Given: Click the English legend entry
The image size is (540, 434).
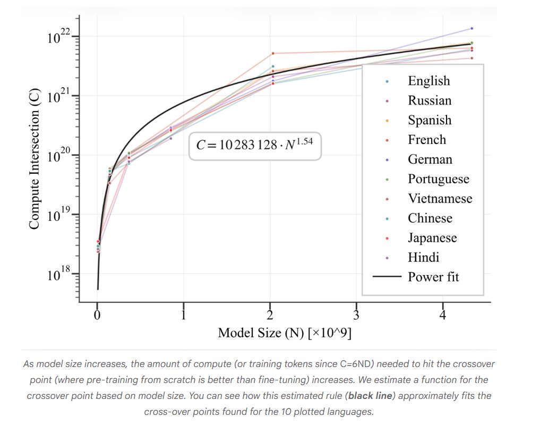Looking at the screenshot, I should point(428,81).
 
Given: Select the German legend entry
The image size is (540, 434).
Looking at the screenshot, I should point(430,159).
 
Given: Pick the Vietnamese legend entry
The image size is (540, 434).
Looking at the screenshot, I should point(439,199).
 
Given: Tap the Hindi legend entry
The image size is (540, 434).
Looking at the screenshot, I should point(423,258).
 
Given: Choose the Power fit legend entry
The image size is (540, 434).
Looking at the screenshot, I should point(433,277).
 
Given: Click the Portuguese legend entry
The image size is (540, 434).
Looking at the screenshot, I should point(438,179).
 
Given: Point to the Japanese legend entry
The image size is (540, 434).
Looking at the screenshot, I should point(432,238).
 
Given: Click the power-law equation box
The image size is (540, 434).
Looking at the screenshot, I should point(255,146).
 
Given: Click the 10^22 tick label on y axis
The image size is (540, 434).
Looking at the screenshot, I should point(58,37).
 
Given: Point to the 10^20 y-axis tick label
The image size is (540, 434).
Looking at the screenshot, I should point(58,156).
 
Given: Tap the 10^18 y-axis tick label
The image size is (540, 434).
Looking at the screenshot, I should point(58,275).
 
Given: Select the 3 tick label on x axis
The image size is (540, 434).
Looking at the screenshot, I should point(356,315).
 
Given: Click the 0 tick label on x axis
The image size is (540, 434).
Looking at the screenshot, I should point(97,315).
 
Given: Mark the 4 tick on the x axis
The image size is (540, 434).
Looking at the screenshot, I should point(443,315).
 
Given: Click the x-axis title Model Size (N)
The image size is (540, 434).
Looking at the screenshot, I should point(285,333).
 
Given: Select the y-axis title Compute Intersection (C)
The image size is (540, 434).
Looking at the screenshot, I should point(35,160).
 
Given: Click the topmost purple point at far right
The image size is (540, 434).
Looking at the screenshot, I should point(472,28).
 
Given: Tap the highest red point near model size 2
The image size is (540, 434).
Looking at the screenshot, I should point(273,53).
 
